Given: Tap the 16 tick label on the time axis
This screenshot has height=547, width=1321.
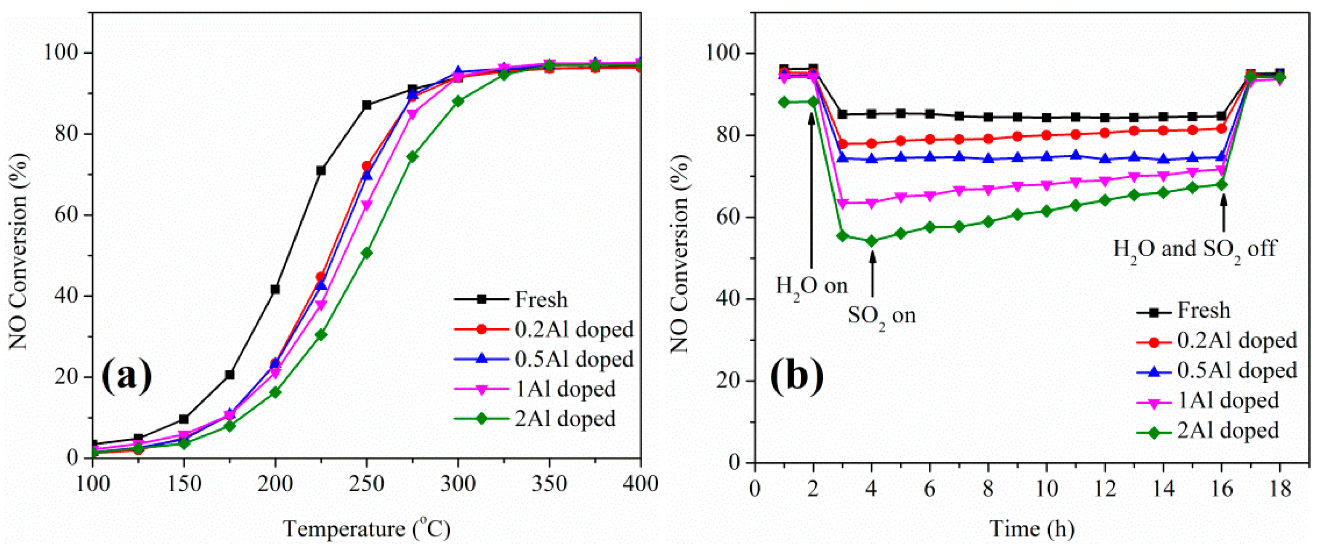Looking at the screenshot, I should click(1222, 489).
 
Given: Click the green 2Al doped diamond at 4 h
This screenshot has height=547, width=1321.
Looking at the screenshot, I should click(871, 241).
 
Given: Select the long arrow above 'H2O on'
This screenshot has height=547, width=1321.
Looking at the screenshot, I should click(811, 190).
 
